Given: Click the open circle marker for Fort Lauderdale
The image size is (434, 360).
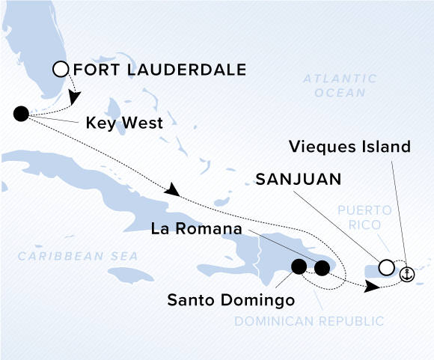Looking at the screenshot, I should [x=61, y=70].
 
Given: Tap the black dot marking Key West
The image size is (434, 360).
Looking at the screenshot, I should [x=21, y=114].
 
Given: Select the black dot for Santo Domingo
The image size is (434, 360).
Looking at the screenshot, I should [x=299, y=266].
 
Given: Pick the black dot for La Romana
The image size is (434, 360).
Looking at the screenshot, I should [x=323, y=267].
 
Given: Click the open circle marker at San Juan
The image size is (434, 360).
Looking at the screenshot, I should [x=386, y=266].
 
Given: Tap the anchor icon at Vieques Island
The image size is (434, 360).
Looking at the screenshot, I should [x=406, y=274].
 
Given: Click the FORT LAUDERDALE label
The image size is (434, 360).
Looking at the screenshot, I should [x=160, y=70].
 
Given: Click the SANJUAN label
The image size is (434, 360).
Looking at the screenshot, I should [x=299, y=180].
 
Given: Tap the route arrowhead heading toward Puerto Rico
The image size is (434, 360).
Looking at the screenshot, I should [x=370, y=286].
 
